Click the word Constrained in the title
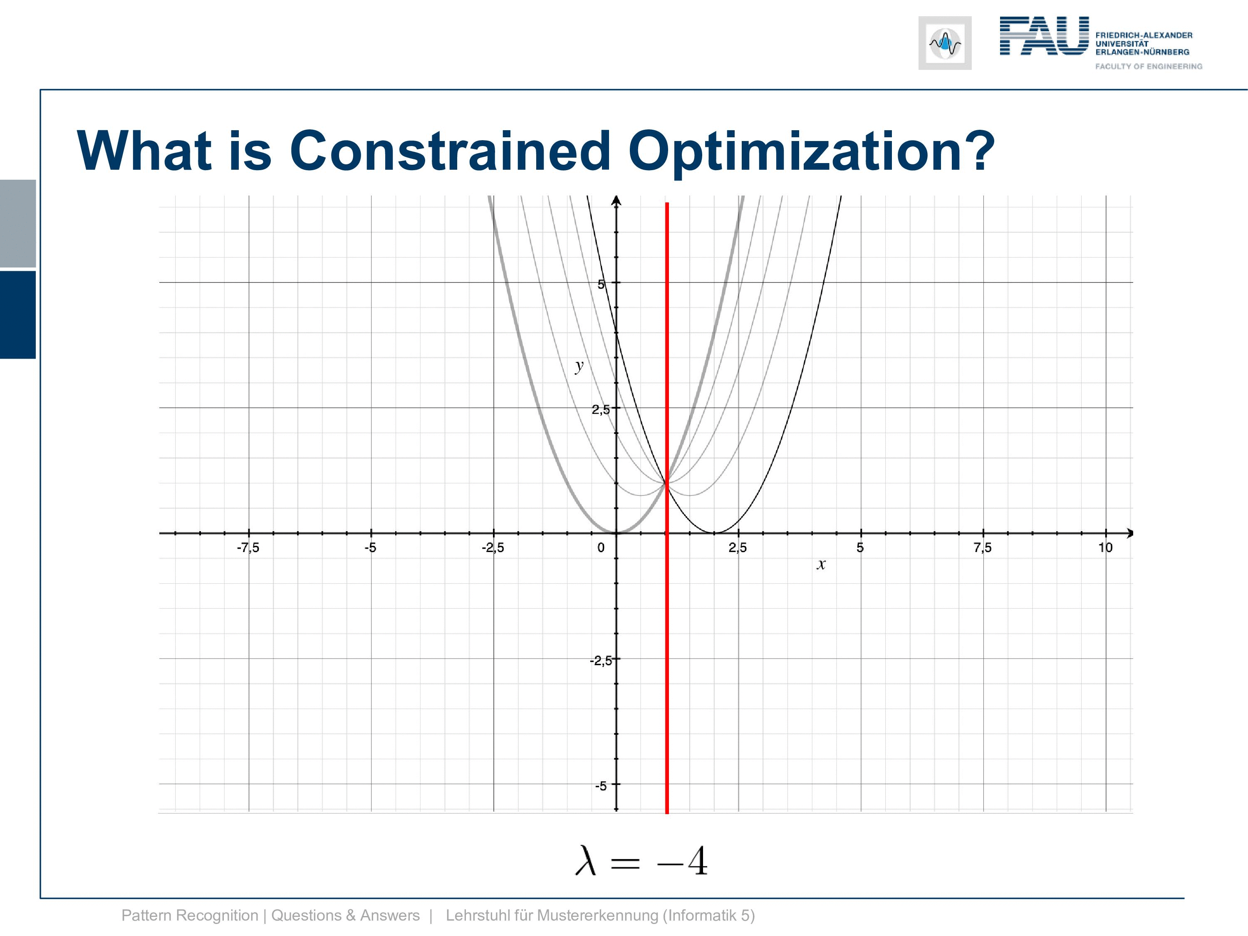pos(450,151)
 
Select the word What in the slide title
pos(144,151)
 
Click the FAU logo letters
pos(1044,35)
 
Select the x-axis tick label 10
pos(1105,547)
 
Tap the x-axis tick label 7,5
pos(982,547)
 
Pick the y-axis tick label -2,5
pos(600,660)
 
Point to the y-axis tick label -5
pos(601,785)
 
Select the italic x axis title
pos(821,564)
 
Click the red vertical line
pos(667,508)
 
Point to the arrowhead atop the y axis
pos(616,200)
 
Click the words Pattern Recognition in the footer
pos(190,916)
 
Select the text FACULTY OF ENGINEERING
pos(1149,67)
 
